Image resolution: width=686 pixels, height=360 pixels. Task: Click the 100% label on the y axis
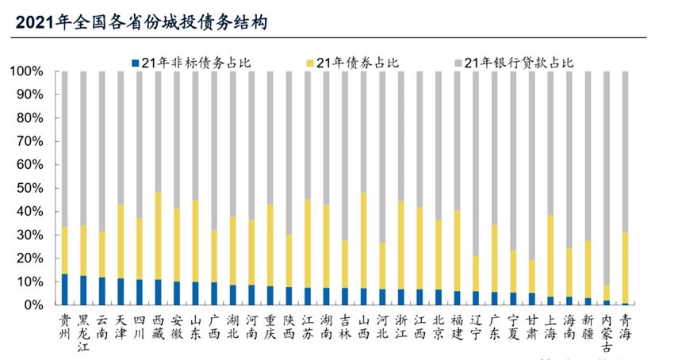29,71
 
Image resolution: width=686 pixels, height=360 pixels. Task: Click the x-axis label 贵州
64,325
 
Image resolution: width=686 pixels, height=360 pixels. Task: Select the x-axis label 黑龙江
83,331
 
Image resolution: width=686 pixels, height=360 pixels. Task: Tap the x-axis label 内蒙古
607,331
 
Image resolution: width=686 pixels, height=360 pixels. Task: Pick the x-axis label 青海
627,325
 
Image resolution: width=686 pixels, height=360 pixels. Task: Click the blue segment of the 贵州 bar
64,289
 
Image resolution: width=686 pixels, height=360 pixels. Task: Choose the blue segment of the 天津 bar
121,291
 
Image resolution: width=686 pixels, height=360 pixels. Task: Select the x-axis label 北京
439,325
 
